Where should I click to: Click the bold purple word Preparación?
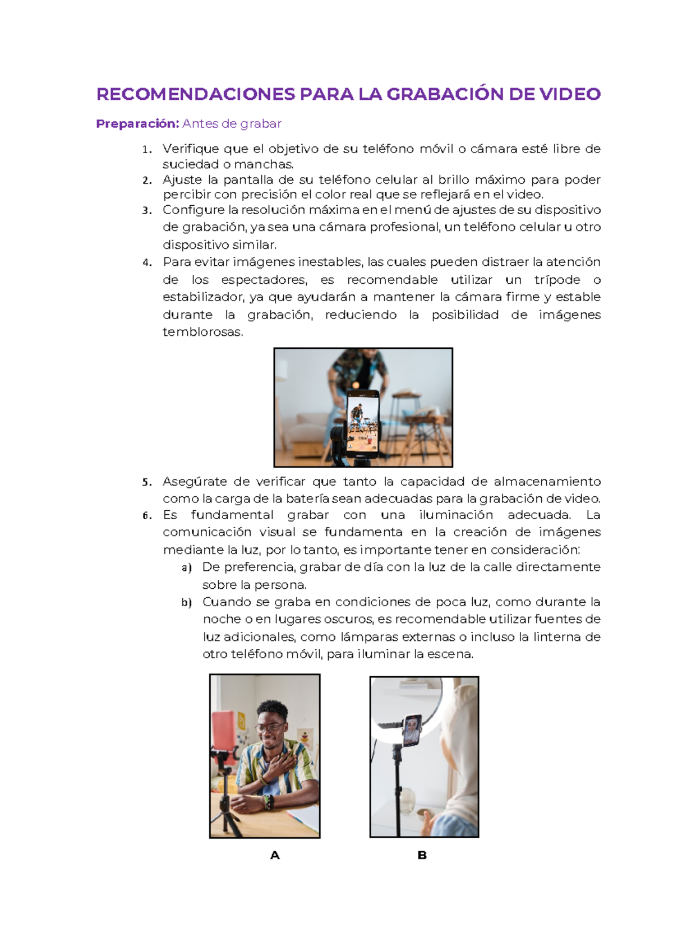[x=137, y=124]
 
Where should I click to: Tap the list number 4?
[x=146, y=262]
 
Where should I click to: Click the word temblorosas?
[x=203, y=332]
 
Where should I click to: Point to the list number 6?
[x=146, y=516]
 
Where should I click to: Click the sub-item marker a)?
[x=187, y=568]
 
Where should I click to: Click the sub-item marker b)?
[x=187, y=603]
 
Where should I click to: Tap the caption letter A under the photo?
[x=275, y=855]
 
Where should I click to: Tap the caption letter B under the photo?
[x=422, y=855]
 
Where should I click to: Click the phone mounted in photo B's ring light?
[x=412, y=730]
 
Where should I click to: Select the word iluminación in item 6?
[x=456, y=515]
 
